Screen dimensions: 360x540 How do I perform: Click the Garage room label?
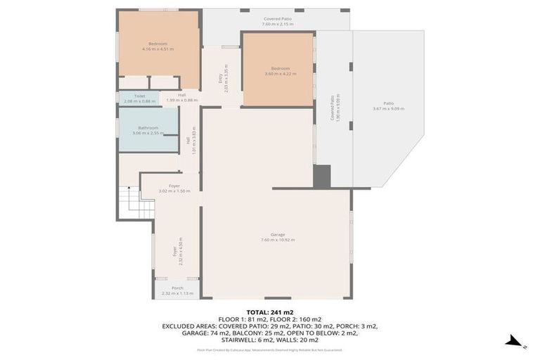point(278,234)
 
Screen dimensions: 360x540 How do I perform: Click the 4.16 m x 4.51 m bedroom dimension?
point(157,49)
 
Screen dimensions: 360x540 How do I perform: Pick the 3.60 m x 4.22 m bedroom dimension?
point(281,73)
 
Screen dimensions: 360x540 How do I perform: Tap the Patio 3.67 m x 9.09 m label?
point(388,105)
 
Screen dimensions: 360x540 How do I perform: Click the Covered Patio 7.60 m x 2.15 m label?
point(277,22)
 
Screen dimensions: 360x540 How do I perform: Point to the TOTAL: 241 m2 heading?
point(270,312)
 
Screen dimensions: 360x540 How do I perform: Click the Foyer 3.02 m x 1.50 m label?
point(174,188)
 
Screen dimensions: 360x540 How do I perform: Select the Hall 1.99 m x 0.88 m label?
point(181,98)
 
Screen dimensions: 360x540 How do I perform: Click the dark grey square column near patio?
point(321,176)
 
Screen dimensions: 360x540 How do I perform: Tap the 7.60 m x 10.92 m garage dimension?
point(278,240)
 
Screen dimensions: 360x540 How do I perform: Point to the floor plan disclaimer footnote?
point(270,349)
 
